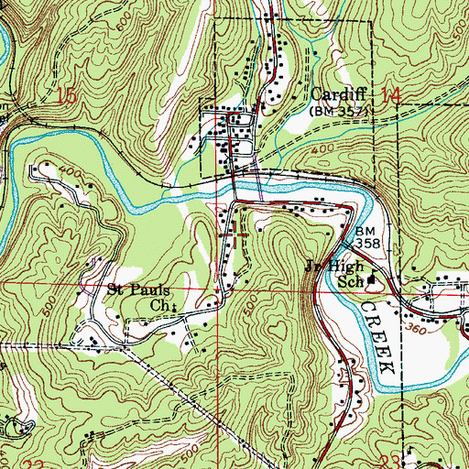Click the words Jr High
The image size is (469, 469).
(x=329, y=269)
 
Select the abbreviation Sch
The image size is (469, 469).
(x=353, y=282)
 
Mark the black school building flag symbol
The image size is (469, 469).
(x=372, y=280)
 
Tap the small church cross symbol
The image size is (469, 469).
(x=174, y=306)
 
